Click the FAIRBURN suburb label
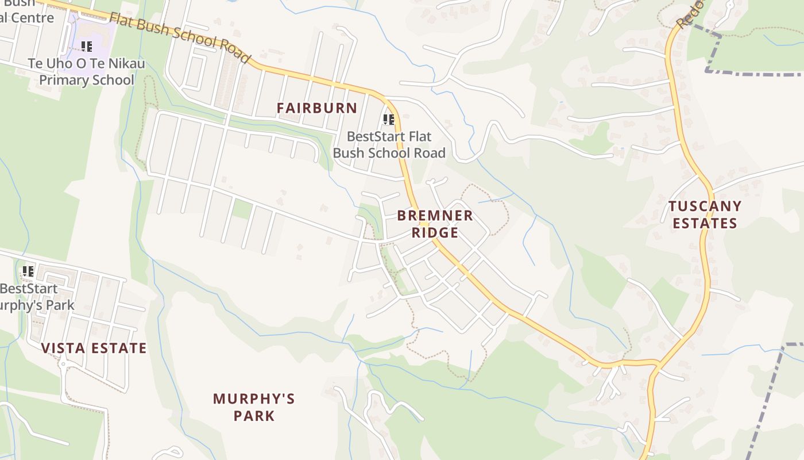pos(316,108)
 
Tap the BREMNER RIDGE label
pos(435,224)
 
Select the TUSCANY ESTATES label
pos(705,214)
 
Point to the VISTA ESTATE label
pos(94,348)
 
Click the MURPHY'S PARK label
pos(254,407)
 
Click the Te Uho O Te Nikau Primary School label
pos(86,71)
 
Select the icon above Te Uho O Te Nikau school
pos(86,47)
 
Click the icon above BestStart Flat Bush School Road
pos(389,120)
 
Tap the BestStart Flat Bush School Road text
pos(389,145)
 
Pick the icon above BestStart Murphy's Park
pos(28,271)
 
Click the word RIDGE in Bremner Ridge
pos(435,233)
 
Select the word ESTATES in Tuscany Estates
pos(705,224)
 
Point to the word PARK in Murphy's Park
pos(254,416)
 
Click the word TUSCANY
pos(705,206)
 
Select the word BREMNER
pos(435,216)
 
